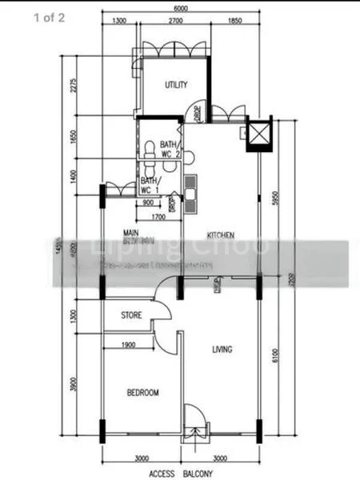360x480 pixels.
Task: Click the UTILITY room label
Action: coord(176,85)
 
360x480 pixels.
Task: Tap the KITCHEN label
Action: coord(220,235)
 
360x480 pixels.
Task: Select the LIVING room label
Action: coord(222,349)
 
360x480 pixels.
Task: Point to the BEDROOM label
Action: coord(143,393)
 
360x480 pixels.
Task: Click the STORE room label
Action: coord(131,315)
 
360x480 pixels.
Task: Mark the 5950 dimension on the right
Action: coord(274,198)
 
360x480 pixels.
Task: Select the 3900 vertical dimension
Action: coord(73,385)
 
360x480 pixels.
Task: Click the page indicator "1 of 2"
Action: coord(50,18)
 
